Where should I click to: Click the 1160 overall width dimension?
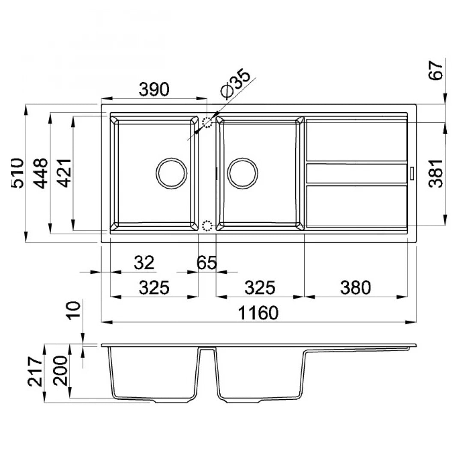point(258,313)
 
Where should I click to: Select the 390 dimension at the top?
point(154,89)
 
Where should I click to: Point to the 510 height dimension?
point(18,173)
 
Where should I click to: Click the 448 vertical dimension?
point(42,173)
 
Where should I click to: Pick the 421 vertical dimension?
point(64,173)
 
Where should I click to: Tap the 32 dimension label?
point(144,263)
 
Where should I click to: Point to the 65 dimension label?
point(207,263)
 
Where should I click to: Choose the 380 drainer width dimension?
point(355,287)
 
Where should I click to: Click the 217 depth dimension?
point(36,373)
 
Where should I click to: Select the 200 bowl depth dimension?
point(60,371)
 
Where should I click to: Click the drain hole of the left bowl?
point(171,174)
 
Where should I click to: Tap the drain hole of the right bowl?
point(242,174)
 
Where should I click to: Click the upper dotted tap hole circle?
point(207,123)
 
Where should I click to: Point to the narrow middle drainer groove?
point(356,173)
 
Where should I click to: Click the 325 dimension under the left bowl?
point(154,287)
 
